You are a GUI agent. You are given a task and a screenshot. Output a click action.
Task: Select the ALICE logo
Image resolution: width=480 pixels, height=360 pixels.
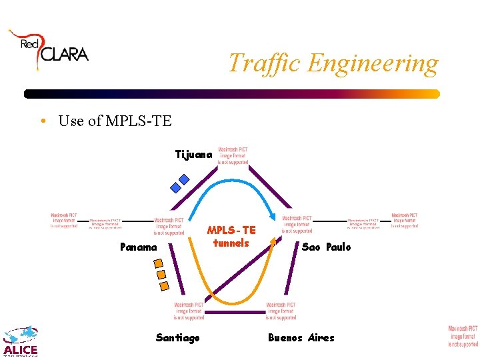[x=21, y=342]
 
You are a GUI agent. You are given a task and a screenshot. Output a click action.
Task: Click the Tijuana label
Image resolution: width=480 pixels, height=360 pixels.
[x=193, y=155]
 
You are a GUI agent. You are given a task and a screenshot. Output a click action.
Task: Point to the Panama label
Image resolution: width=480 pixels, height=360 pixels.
[x=139, y=247]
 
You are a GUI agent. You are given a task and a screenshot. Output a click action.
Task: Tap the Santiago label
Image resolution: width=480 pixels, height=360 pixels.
[x=177, y=338]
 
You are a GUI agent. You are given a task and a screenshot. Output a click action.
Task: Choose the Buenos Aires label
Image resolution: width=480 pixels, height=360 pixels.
[x=301, y=338]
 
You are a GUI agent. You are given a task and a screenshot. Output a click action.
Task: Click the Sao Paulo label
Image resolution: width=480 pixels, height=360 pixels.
[x=326, y=247]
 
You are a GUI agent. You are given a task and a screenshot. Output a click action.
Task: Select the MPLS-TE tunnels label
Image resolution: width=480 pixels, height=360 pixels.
[x=231, y=237]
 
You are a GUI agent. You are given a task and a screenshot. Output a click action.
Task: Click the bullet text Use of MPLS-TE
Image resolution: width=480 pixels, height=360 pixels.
[x=115, y=121]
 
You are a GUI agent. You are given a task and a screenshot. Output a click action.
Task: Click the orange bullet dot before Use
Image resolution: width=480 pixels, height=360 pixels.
[x=42, y=121]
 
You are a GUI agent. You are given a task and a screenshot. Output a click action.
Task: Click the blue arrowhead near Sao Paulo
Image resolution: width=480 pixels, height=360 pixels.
[x=274, y=215]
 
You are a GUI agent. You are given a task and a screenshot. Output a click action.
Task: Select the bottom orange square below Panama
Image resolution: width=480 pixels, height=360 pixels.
[x=164, y=287]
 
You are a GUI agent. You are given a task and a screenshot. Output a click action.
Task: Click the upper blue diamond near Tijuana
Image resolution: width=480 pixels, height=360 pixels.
[x=184, y=179]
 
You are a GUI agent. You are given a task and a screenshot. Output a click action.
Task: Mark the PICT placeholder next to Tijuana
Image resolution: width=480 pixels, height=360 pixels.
[x=232, y=155]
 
